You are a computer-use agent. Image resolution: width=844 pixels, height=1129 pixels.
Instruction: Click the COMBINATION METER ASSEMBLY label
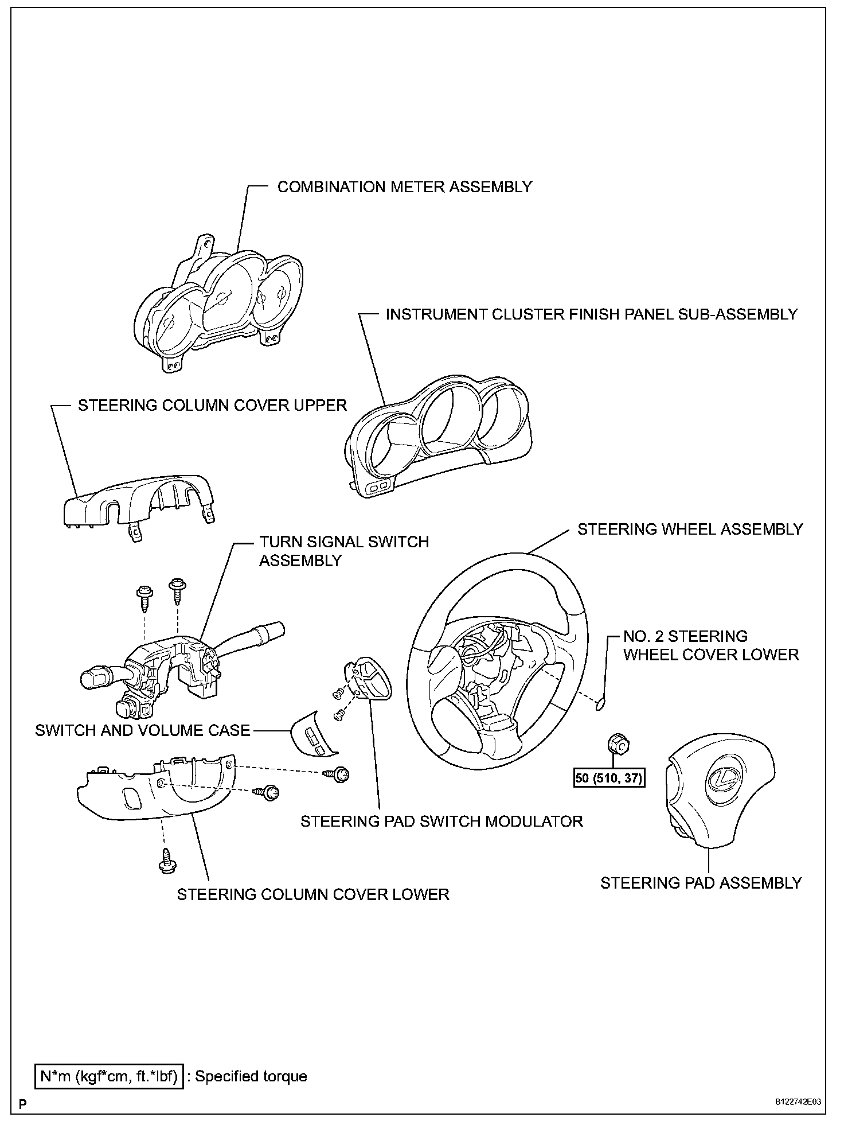coord(404,187)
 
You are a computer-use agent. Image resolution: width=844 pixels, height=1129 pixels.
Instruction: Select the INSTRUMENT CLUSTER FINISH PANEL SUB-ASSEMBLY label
coord(592,314)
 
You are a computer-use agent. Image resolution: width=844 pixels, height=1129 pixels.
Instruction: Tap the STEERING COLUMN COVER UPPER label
coord(213,405)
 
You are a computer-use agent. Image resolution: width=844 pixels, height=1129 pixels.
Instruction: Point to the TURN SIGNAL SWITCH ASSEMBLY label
coord(344,551)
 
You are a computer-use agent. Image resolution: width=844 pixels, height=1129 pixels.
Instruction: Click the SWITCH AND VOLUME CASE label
coord(143,730)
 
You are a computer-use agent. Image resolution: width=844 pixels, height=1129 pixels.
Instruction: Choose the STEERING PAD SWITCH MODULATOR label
coord(441,821)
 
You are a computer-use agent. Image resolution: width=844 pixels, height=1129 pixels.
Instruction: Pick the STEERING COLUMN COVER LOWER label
coord(313,894)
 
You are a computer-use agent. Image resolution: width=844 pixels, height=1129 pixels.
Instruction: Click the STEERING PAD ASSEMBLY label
coord(701,883)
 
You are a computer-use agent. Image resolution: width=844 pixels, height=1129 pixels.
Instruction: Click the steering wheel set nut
coord(617,745)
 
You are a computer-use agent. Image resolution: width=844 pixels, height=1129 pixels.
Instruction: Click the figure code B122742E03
coord(798,1102)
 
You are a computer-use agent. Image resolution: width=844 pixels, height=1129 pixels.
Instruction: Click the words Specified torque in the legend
coord(251,1076)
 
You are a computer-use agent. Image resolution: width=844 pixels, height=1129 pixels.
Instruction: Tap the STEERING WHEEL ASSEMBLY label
coord(690,529)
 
